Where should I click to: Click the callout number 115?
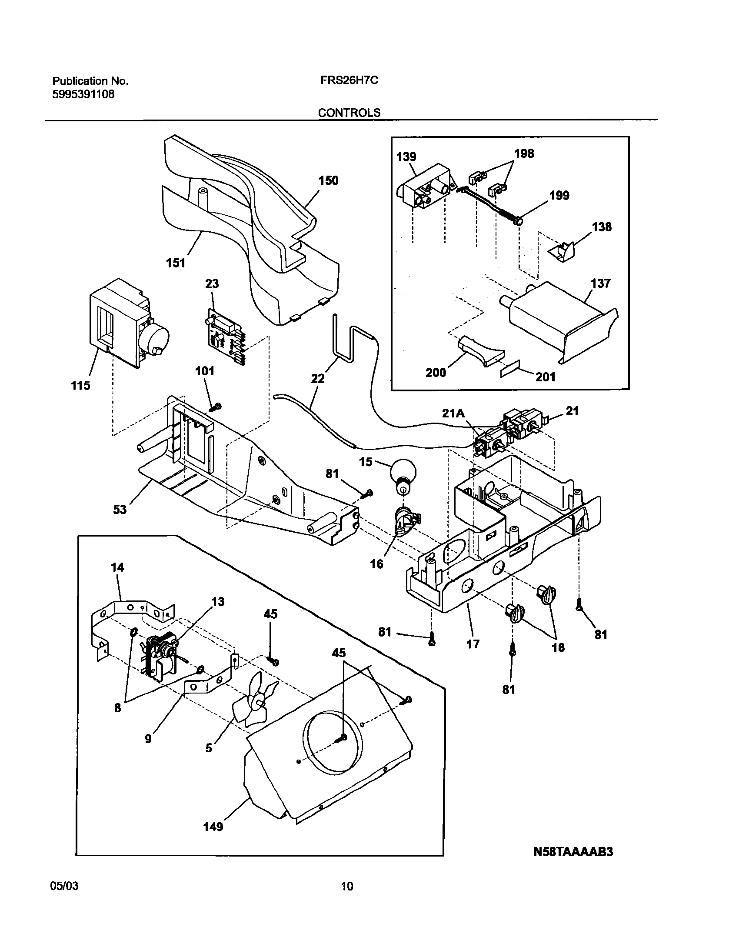(x=81, y=386)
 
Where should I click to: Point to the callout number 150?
(x=328, y=180)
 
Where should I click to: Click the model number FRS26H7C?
(x=346, y=81)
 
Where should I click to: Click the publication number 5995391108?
(x=83, y=94)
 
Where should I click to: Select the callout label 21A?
(x=453, y=414)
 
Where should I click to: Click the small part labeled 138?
(x=561, y=252)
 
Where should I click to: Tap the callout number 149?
(x=213, y=839)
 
